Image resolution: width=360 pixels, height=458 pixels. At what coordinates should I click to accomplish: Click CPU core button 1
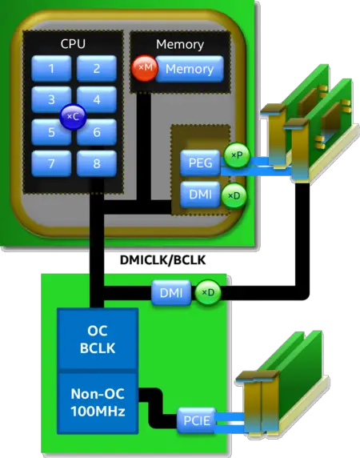[x=52, y=69]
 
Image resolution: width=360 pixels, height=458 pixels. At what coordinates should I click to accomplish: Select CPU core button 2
[x=97, y=69]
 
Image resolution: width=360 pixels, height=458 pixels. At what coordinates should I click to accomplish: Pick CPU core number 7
[x=52, y=163]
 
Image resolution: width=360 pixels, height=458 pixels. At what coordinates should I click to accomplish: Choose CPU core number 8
[x=97, y=163]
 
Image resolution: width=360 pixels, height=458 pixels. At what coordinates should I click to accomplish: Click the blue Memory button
[x=189, y=70]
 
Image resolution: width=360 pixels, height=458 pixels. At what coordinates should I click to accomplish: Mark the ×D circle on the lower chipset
[x=207, y=294]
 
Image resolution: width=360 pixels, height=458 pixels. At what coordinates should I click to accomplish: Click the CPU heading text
[x=74, y=45]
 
